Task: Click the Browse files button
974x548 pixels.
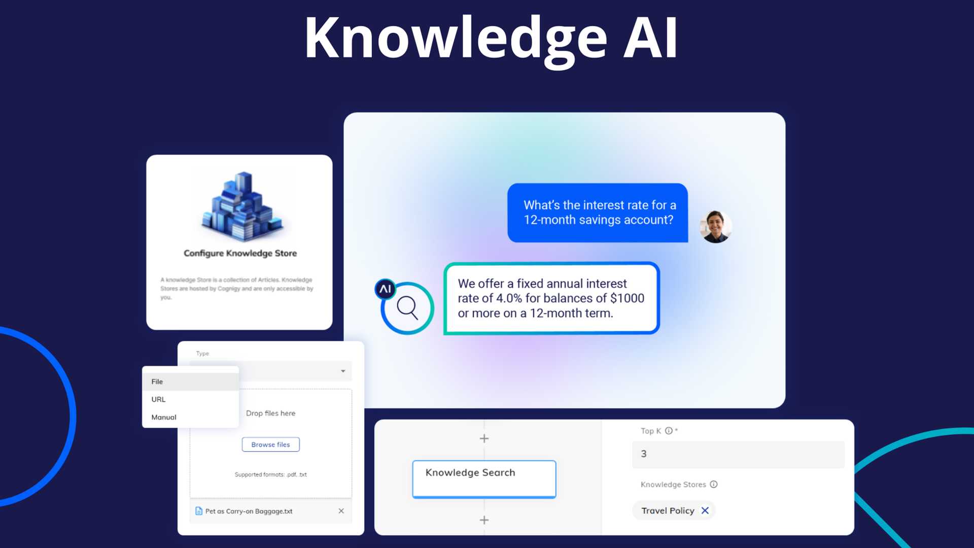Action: (270, 444)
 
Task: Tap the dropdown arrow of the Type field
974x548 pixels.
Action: (343, 371)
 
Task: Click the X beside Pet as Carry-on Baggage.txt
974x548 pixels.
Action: (341, 511)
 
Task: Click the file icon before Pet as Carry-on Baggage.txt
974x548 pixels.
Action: (199, 511)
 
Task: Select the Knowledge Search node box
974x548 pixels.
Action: (484, 479)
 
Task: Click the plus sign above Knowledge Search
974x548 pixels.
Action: (484, 438)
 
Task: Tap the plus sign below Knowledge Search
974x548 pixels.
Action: (484, 520)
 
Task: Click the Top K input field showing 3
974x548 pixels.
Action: (738, 454)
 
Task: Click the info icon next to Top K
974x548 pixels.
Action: (669, 431)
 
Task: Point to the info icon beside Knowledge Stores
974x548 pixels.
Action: (713, 485)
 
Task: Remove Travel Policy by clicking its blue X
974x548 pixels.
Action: (705, 510)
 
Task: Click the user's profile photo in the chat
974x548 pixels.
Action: (715, 227)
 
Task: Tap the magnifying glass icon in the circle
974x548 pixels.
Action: (407, 307)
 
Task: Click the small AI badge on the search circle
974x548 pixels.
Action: (385, 289)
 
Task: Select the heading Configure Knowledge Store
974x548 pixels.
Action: (240, 253)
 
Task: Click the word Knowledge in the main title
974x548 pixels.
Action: (456, 39)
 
